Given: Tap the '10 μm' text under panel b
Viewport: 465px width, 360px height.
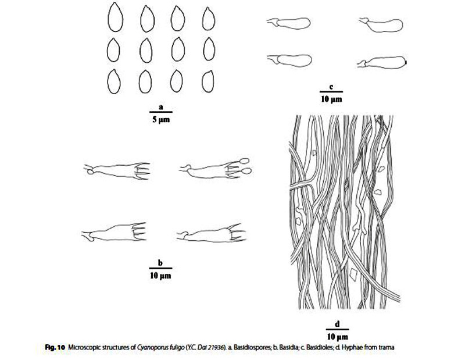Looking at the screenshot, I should tap(159, 274).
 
